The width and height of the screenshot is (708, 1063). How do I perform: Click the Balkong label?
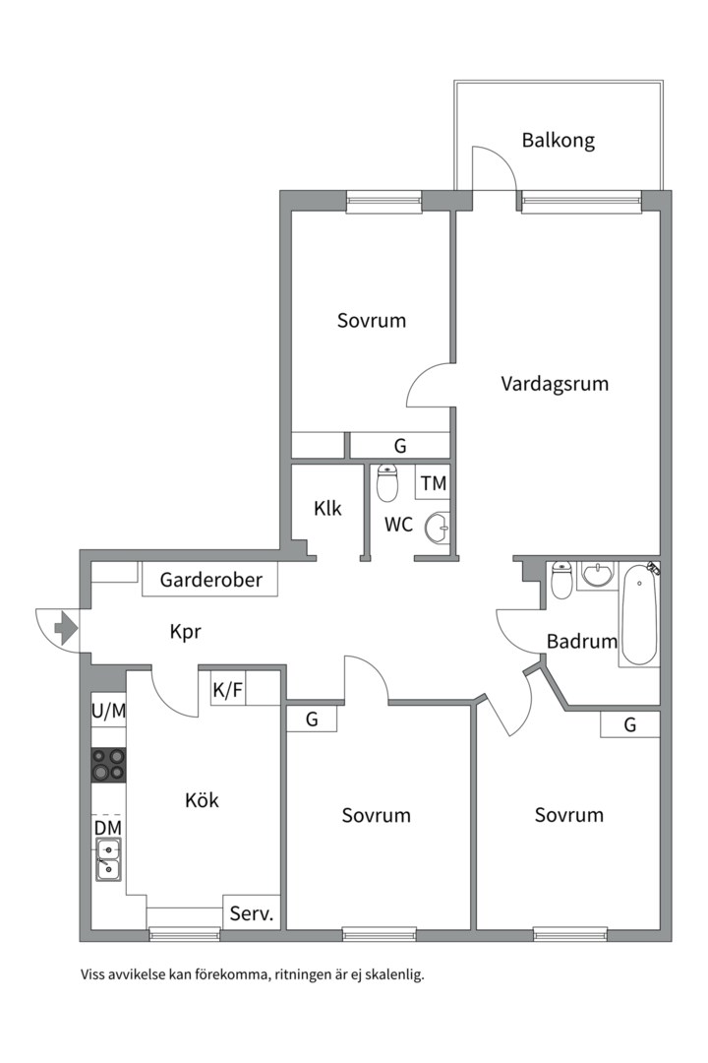pyautogui.click(x=558, y=141)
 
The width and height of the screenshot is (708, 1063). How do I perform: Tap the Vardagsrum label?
pyautogui.click(x=555, y=384)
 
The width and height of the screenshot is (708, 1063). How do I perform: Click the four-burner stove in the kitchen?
pyautogui.click(x=108, y=765)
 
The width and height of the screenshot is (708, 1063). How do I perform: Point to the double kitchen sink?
pyautogui.click(x=108, y=859)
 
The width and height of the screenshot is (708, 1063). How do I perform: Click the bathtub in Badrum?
pyautogui.click(x=639, y=615)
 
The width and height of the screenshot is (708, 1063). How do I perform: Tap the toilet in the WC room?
pyautogui.click(x=386, y=482)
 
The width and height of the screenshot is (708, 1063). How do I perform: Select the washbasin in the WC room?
pyautogui.click(x=437, y=527)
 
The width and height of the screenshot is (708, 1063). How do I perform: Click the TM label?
pyautogui.click(x=433, y=483)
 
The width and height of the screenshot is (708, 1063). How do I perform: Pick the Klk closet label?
pyautogui.click(x=327, y=509)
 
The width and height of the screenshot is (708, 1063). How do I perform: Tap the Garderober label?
pyautogui.click(x=210, y=581)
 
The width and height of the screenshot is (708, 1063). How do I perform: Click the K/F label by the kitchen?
pyautogui.click(x=228, y=690)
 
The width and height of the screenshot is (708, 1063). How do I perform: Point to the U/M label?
pyautogui.click(x=108, y=712)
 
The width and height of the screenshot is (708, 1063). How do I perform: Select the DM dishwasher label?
pyautogui.click(x=108, y=828)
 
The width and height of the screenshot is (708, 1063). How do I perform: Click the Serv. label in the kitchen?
pyautogui.click(x=252, y=913)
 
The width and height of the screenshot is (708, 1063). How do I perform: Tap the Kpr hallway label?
pyautogui.click(x=185, y=632)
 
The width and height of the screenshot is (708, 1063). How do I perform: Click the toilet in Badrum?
pyautogui.click(x=561, y=580)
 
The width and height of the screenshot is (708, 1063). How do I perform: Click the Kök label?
pyautogui.click(x=202, y=800)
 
